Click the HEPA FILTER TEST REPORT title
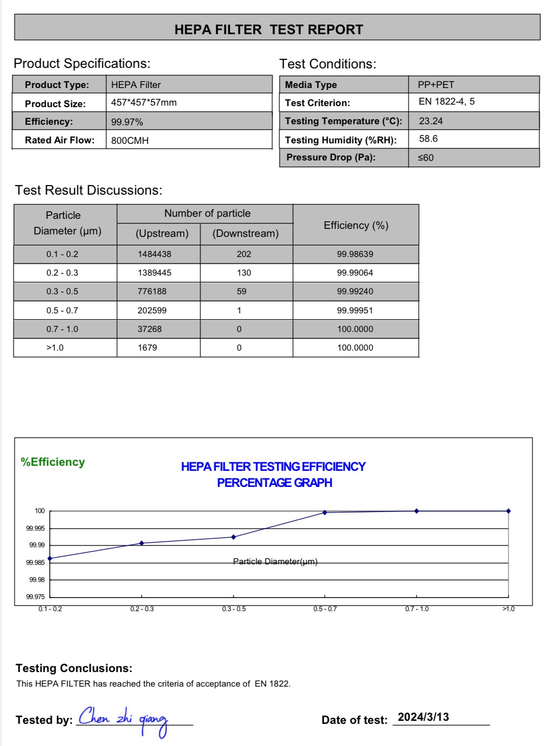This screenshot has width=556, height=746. [268, 29]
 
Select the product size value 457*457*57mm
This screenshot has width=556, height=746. [144, 103]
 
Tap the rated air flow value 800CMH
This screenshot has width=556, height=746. [130, 140]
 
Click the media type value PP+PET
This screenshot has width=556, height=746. [436, 85]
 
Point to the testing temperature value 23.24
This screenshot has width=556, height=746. [431, 121]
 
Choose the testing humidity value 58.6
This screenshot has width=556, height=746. [428, 139]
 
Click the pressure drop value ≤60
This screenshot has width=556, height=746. [426, 157]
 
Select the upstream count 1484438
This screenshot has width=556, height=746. [154, 254]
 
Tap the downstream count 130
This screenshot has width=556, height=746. [244, 273]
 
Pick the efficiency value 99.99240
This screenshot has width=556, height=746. [355, 291]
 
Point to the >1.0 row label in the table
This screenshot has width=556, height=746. [55, 348]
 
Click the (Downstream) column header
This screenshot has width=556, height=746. [245, 233]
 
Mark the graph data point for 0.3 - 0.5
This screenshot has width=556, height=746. [233, 537]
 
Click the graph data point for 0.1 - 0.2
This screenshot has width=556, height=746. [50, 558]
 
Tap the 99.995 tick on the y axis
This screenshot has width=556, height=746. [36, 528]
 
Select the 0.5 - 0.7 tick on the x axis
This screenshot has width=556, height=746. [325, 609]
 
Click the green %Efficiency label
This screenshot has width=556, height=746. [53, 462]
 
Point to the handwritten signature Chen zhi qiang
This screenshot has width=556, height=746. [123, 720]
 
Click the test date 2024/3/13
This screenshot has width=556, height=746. [423, 717]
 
